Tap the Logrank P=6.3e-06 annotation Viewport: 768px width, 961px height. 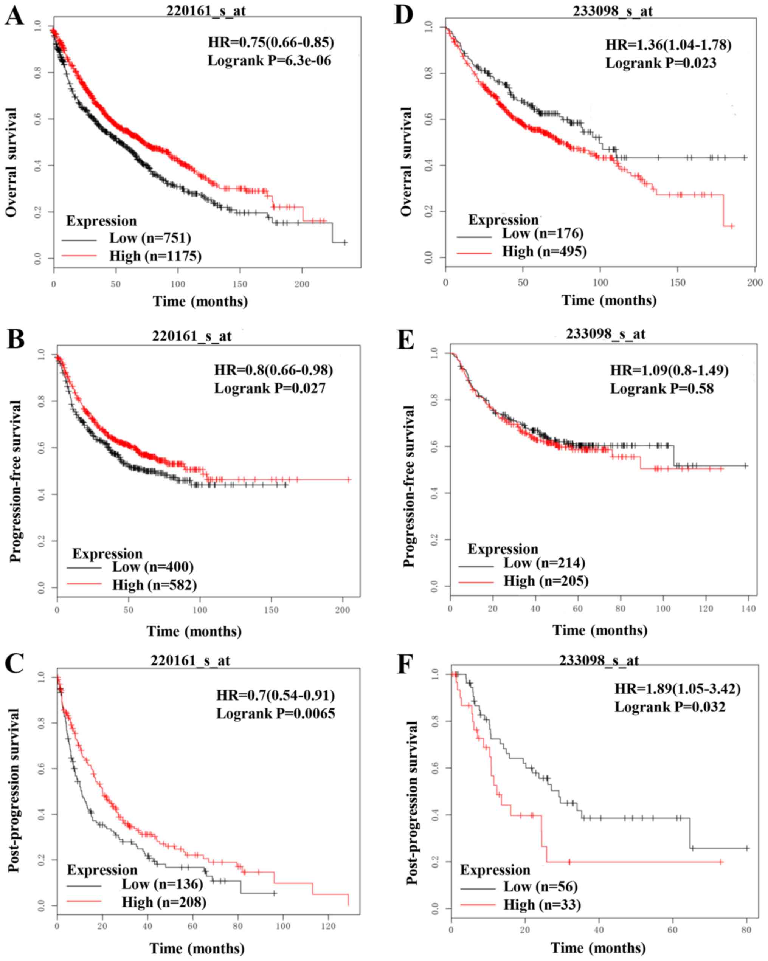pyautogui.click(x=269, y=60)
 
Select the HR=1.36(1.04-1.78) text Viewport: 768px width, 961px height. pyautogui.click(x=668, y=45)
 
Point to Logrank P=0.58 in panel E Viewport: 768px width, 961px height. pyautogui.click(x=661, y=389)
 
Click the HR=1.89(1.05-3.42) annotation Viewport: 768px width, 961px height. pyautogui.click(x=678, y=689)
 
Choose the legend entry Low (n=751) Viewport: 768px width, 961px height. pyautogui.click(x=150, y=238)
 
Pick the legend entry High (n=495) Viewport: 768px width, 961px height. pyautogui.click(x=544, y=251)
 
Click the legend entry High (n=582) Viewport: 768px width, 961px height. pyautogui.click(x=154, y=585)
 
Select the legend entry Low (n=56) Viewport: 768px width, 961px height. pyautogui.click(x=540, y=887)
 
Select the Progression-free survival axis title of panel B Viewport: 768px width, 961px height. pyautogui.click(x=16, y=481)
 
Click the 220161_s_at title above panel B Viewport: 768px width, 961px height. pyautogui.click(x=192, y=336)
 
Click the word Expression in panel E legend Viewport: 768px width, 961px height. pyautogui.click(x=503, y=549)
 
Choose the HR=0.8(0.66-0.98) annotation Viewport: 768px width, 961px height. pyautogui.click(x=273, y=370)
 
